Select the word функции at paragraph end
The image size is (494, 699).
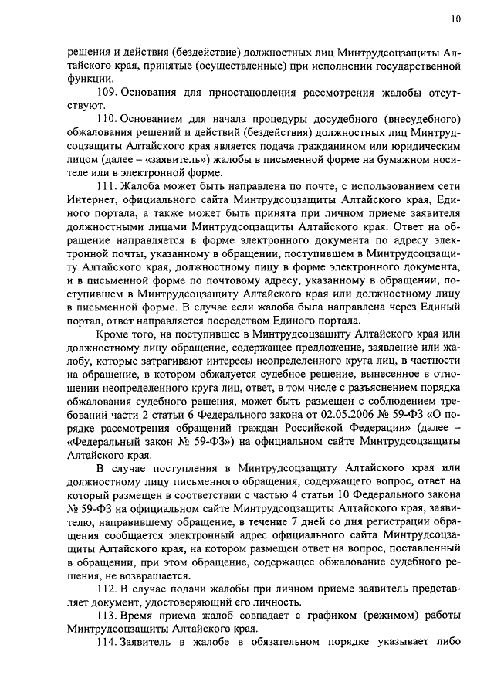click(86, 79)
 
